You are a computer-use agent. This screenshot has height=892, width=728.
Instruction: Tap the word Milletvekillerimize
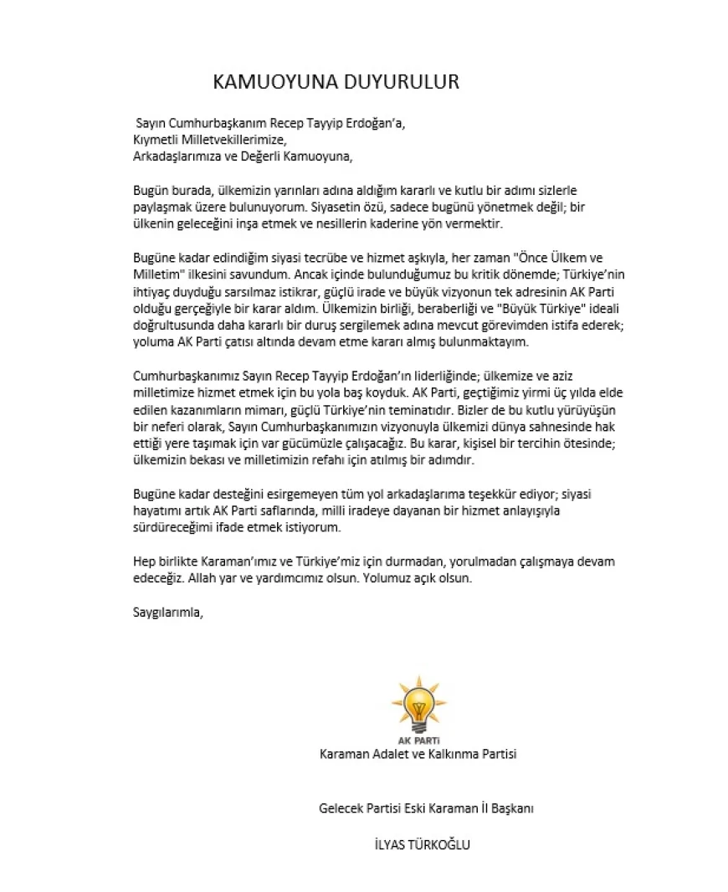click(x=234, y=139)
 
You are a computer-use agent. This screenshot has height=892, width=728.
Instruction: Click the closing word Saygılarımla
click(x=167, y=611)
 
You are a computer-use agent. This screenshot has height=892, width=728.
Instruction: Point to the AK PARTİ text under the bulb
click(x=419, y=740)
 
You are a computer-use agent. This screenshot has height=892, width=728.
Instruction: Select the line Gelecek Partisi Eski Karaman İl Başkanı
click(x=427, y=808)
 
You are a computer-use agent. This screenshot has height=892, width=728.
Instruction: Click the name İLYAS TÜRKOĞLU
click(x=423, y=844)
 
